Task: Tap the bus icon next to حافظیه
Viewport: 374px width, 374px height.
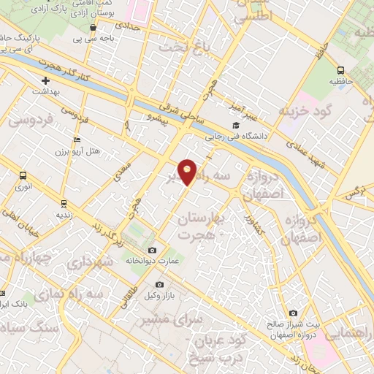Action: click(x=340, y=71)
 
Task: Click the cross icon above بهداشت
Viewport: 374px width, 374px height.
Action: click(x=45, y=80)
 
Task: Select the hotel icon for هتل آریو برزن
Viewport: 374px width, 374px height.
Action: click(x=77, y=140)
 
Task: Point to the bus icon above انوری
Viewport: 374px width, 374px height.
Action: click(x=23, y=176)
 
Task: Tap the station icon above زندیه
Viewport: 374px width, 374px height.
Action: click(x=64, y=203)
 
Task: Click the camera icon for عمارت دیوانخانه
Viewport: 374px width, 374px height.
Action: click(x=152, y=251)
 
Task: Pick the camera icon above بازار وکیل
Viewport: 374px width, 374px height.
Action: click(x=159, y=285)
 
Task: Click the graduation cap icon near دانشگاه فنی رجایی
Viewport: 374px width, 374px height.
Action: click(x=258, y=126)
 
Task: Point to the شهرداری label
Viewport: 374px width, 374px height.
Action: click(x=109, y=261)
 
